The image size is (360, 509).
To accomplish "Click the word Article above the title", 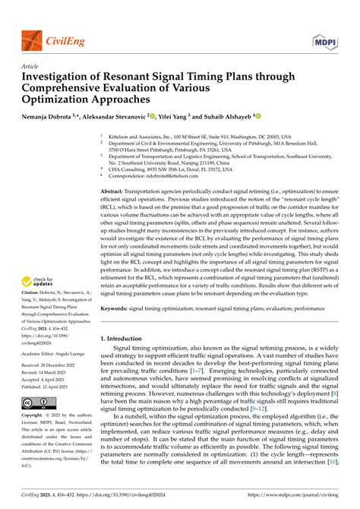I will click(x=32, y=66).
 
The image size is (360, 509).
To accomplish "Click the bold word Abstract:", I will click(x=114, y=193).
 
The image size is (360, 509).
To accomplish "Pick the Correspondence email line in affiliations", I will click(x=152, y=175).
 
